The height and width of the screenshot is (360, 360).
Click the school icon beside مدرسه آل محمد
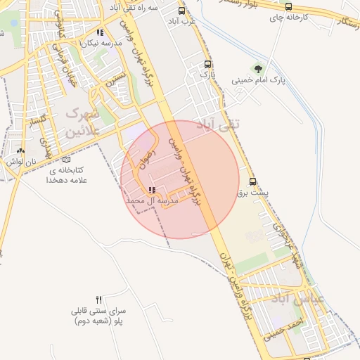coord(153,190)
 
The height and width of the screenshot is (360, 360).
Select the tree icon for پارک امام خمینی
coord(259,69)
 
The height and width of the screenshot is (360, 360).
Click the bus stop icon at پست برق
coord(253,181)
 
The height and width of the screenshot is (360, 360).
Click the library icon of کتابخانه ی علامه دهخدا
coord(67,159)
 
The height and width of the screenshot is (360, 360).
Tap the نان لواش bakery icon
coord(20,150)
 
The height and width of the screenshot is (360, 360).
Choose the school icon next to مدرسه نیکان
coord(102,32)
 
